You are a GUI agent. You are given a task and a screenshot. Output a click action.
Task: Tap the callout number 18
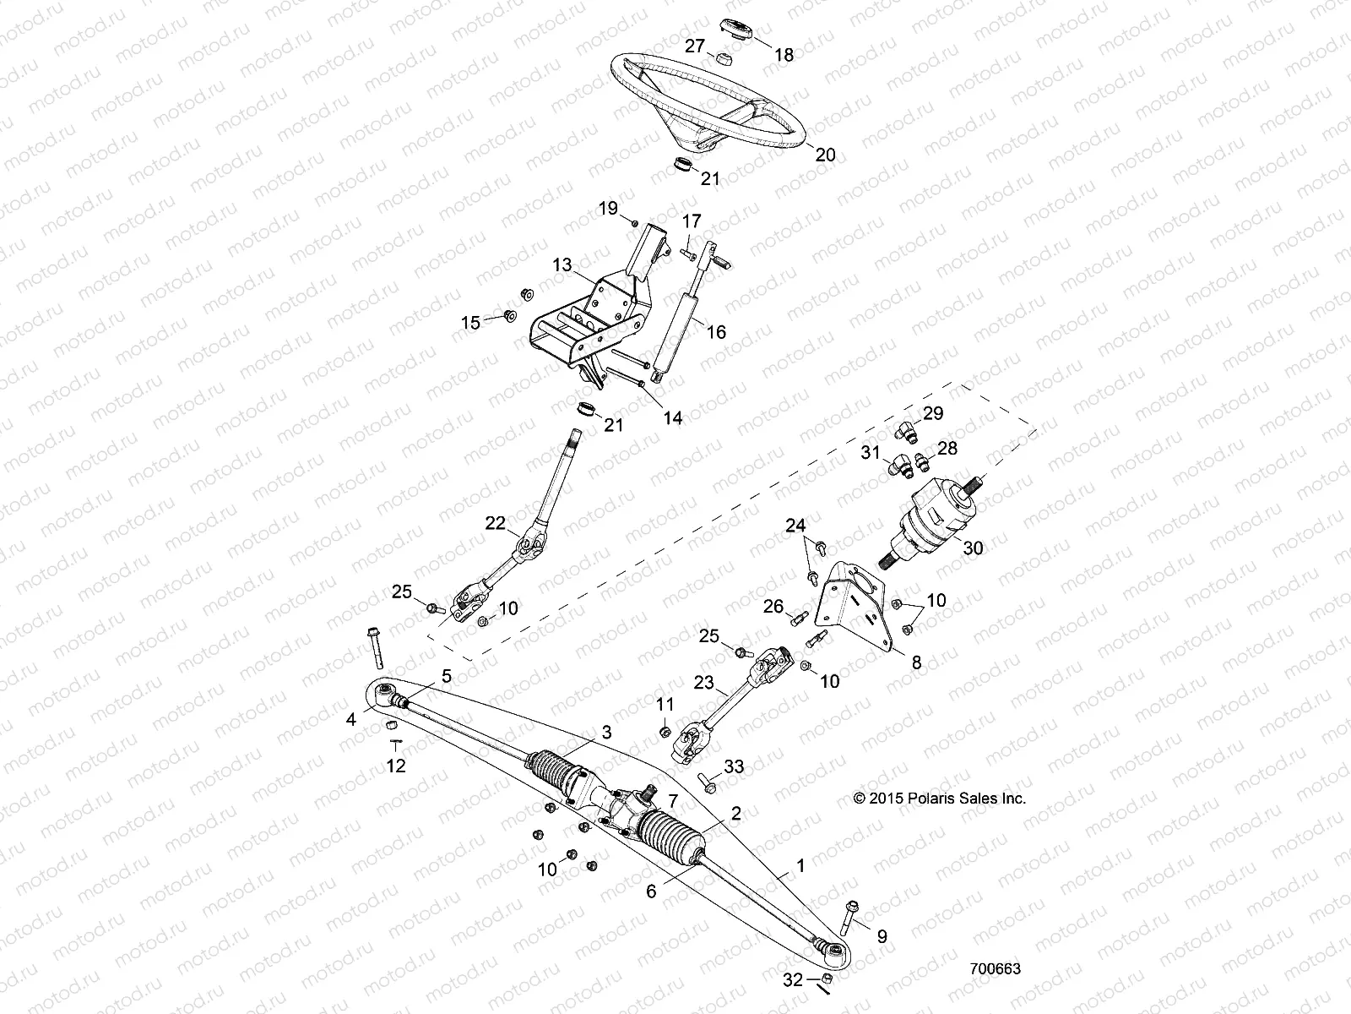[x=784, y=55]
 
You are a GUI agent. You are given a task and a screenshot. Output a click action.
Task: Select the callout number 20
[x=825, y=155]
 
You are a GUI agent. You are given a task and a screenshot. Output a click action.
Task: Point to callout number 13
[x=562, y=265]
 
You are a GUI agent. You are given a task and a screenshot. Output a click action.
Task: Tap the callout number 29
[x=932, y=413]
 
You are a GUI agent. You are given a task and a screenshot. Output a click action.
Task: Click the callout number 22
[x=496, y=524]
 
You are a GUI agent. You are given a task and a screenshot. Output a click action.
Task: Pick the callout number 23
[x=704, y=683]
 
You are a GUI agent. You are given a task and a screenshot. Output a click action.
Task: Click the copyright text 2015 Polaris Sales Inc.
[x=940, y=798]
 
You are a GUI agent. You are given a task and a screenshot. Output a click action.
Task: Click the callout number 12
[x=395, y=766]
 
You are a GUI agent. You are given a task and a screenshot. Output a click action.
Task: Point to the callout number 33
[x=734, y=767]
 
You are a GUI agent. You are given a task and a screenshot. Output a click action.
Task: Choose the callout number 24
[x=795, y=525]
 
